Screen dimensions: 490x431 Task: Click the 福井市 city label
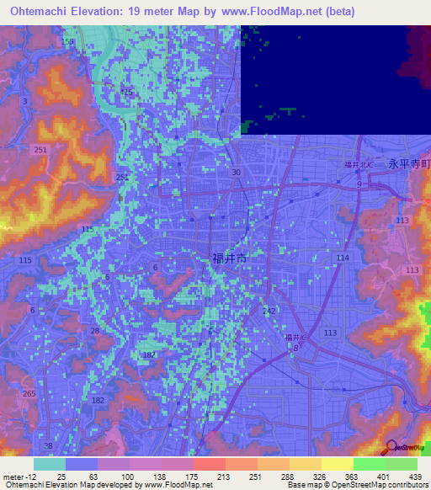[229, 259]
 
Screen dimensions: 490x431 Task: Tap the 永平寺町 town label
[408, 166]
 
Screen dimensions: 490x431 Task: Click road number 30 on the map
[237, 172]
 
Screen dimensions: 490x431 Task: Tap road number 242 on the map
[269, 311]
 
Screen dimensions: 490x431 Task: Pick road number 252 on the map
[122, 178]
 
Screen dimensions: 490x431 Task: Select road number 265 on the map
[30, 394]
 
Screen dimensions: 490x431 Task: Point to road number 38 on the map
[48, 445]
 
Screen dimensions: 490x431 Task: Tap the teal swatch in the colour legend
[49, 464]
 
